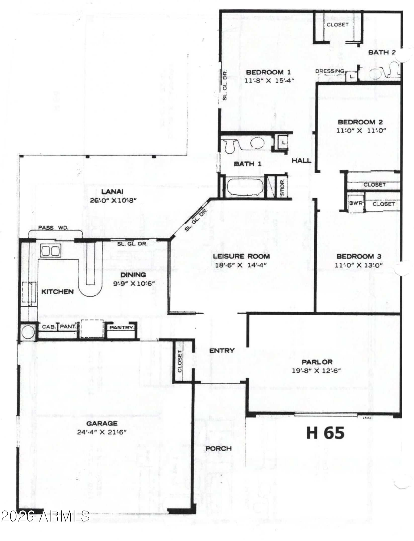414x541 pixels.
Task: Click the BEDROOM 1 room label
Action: click(268, 72)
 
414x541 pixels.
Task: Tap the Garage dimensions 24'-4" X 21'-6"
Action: click(102, 432)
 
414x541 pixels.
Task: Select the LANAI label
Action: click(112, 192)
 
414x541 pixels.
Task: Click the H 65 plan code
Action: click(326, 433)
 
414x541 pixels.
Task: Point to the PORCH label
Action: click(218, 448)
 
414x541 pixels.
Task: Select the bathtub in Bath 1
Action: click(245, 187)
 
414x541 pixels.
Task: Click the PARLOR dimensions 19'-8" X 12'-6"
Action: click(316, 370)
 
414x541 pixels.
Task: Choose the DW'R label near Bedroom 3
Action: click(356, 203)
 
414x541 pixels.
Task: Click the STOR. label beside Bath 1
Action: click(282, 188)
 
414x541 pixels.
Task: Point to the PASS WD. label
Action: click(53, 227)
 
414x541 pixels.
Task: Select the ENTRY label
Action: click(222, 351)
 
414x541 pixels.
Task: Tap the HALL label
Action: click(301, 160)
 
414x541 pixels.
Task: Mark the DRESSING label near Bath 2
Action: click(330, 71)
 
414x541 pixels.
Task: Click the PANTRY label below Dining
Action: click(121, 328)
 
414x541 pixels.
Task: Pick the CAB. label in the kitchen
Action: click(49, 327)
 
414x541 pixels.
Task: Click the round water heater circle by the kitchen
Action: click(28, 332)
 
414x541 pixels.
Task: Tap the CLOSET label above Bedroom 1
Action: click(337, 24)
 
